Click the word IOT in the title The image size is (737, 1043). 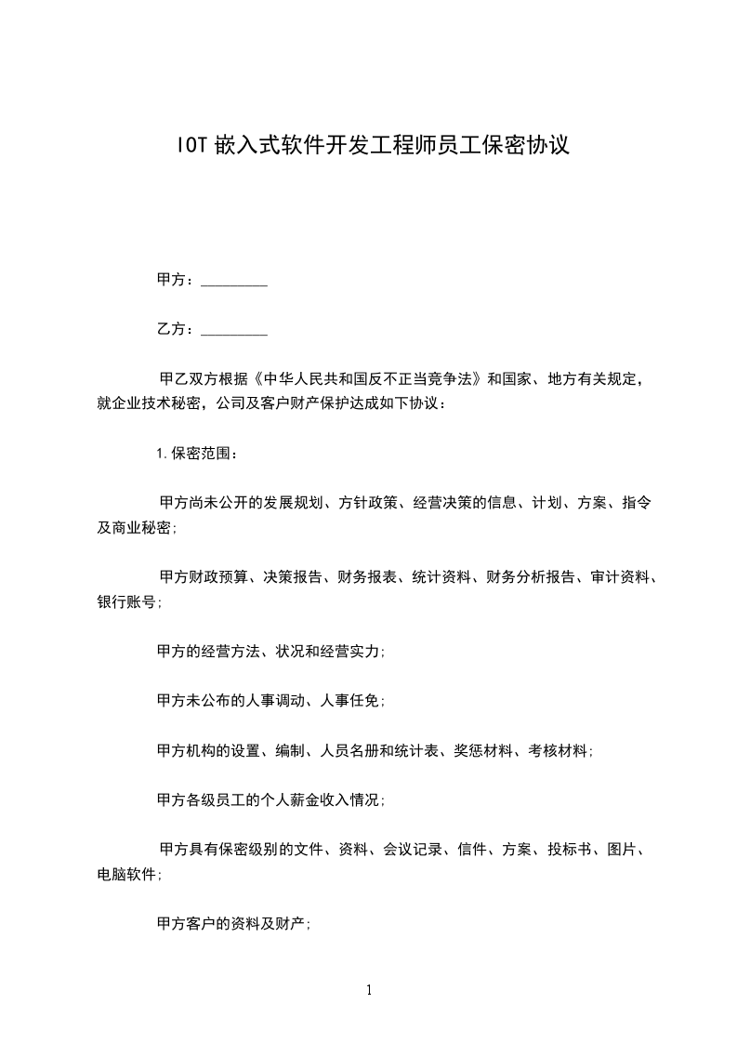(x=192, y=145)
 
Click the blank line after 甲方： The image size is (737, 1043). (x=234, y=280)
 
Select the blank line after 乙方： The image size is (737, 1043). (x=234, y=329)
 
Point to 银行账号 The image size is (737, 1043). (x=126, y=602)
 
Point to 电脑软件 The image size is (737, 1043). (x=126, y=875)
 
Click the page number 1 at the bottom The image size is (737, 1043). (x=369, y=991)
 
